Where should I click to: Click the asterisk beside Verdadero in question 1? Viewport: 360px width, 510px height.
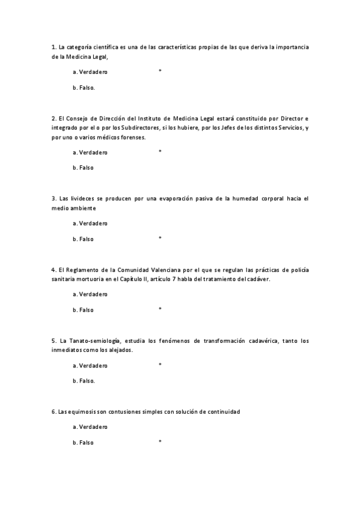pos(160,71)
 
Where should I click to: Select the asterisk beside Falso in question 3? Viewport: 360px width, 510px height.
pos(160,238)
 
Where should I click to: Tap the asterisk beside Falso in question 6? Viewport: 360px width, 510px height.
pos(160,442)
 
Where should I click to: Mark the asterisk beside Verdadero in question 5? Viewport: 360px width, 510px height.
pos(160,364)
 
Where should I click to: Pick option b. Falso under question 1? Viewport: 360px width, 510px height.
pos(84,87)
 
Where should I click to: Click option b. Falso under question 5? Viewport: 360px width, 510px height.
pos(84,381)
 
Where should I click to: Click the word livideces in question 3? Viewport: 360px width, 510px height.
pos(81,198)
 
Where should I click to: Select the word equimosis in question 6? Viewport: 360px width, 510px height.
pos(81,411)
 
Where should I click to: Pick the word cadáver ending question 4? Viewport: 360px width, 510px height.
pos(258,279)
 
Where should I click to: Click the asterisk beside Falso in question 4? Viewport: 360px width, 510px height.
pos(160,309)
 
